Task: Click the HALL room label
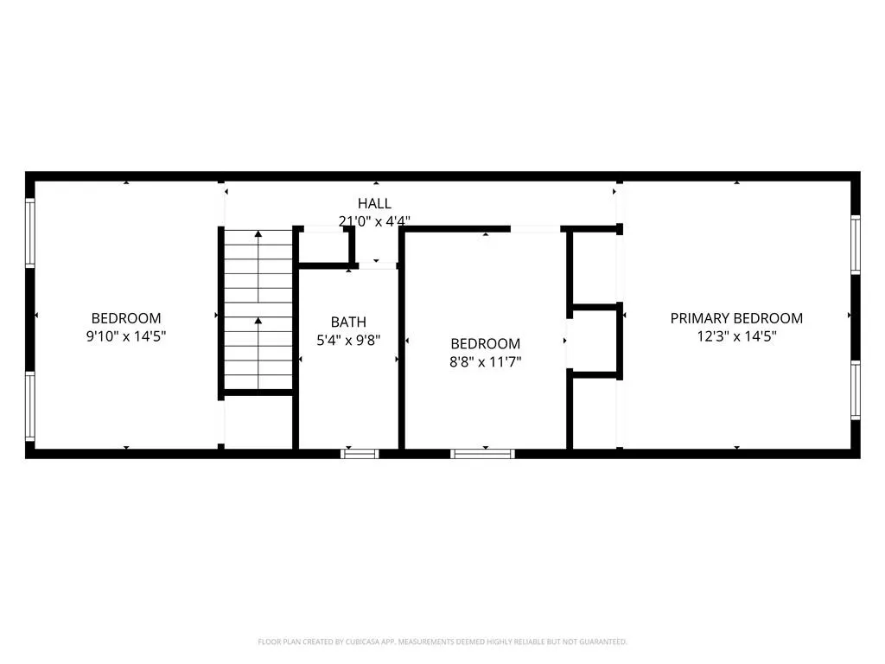point(374,203)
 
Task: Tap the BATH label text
point(348,322)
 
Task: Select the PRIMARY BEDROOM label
point(736,318)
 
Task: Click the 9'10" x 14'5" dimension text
point(126,336)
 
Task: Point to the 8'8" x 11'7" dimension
point(486,362)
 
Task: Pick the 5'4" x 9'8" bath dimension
point(348,340)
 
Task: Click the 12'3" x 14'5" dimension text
point(736,336)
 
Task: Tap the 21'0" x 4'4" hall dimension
point(374,221)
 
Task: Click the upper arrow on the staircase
point(258,266)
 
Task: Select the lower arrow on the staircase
point(258,353)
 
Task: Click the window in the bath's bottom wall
point(360,453)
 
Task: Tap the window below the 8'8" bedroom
point(482,453)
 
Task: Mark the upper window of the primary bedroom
point(856,245)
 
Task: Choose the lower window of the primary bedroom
point(856,390)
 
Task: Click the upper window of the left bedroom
point(30,232)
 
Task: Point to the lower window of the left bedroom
point(30,406)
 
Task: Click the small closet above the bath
point(324,246)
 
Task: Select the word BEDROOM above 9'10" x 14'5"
point(126,318)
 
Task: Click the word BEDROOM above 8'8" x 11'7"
point(486,344)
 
